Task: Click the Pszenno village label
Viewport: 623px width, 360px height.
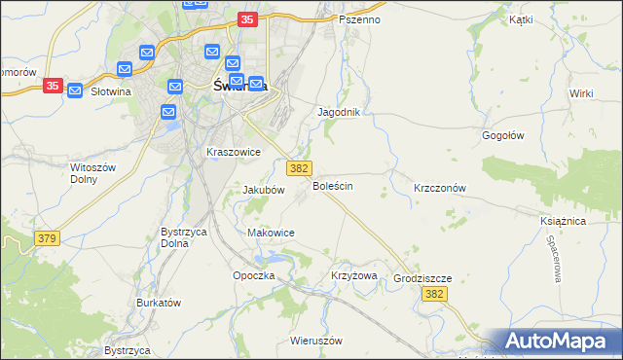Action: (360, 19)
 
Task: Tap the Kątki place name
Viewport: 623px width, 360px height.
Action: (521, 18)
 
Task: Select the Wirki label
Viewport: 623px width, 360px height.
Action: (582, 92)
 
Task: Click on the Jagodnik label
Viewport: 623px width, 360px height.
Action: (339, 112)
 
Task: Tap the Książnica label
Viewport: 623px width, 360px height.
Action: (562, 221)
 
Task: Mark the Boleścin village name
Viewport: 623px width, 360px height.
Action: (332, 185)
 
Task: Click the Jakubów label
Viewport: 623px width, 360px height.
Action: (263, 191)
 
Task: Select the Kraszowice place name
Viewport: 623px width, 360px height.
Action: (233, 152)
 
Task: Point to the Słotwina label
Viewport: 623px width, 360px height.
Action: (110, 91)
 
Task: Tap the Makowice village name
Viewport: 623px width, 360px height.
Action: (271, 233)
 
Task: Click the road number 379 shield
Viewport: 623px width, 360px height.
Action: (46, 237)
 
